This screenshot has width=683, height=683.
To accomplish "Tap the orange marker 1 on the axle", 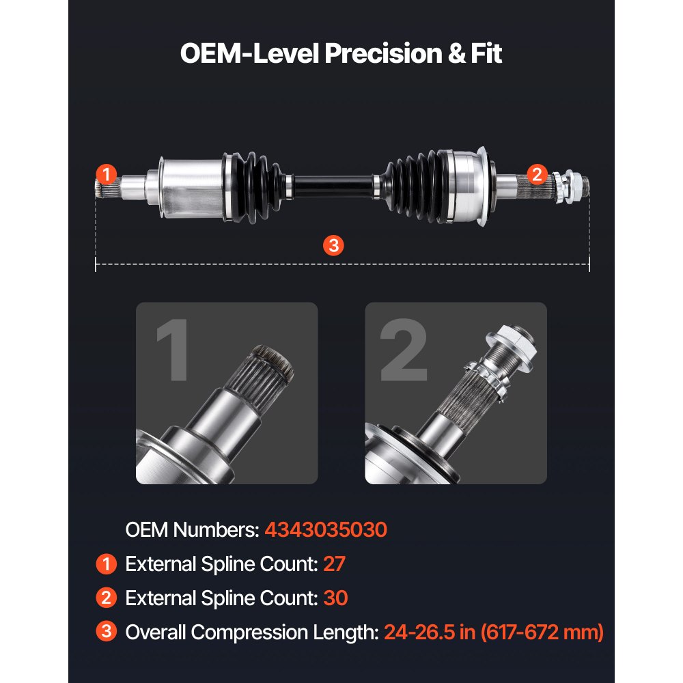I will [107, 174].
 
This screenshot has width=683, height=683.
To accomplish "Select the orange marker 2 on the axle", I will [537, 174].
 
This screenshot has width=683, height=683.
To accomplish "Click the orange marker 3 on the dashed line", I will [333, 246].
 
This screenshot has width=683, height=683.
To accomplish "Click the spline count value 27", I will [335, 564].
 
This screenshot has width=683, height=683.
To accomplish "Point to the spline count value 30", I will [335, 598].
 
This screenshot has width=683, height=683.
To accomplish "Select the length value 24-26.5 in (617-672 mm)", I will [494, 632].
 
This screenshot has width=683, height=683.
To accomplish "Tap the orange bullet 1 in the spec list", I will [106, 564].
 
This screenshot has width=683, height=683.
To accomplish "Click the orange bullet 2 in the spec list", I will [106, 598].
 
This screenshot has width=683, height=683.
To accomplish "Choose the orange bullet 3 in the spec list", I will [106, 632].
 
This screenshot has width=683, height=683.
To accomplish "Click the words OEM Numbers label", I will [191, 529].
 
